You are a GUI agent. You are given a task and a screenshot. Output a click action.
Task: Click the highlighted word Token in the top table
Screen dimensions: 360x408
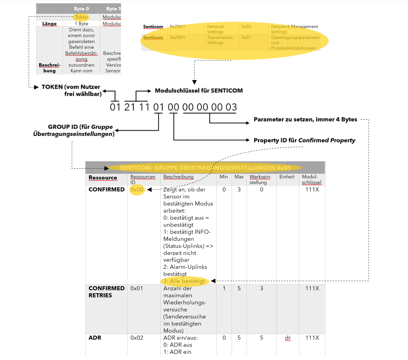coord(81,17)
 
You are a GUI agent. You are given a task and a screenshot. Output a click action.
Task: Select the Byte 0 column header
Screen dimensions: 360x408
coord(81,9)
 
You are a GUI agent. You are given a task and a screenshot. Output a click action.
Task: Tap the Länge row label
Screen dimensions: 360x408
coord(49,24)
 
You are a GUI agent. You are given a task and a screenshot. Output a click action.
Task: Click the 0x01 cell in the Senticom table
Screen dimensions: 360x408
coord(246,37)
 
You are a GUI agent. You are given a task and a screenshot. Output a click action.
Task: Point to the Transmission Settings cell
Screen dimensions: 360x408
coord(220,40)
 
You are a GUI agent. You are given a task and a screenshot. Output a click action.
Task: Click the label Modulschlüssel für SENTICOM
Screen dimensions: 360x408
coord(199,91)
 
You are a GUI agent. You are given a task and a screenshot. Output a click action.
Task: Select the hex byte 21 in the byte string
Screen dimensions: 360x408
coord(130,107)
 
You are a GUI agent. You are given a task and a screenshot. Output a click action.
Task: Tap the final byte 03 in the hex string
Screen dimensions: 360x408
coord(231,107)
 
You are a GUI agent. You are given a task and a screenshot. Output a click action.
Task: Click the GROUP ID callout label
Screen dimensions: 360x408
coord(74,130)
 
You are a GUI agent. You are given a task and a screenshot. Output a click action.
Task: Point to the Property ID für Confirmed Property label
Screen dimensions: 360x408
coord(304,140)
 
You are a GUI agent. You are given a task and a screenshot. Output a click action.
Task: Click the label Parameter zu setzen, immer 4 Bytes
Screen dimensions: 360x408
coord(305,119)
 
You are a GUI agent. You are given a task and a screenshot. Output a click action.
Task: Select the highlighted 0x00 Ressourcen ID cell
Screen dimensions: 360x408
coord(137,190)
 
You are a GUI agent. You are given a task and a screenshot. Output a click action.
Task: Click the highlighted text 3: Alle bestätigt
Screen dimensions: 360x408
coord(184,281)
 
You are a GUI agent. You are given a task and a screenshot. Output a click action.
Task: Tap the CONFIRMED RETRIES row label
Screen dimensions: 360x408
coord(106,292)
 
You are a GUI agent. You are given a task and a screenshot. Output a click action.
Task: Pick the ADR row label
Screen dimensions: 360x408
coord(95,338)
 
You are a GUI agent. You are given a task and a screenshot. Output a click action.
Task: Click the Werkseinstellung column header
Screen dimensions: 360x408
coord(260,179)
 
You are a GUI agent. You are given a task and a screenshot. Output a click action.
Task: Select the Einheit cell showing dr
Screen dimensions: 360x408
coord(288,338)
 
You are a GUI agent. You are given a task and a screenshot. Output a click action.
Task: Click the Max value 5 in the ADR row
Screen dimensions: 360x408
coord(239,338)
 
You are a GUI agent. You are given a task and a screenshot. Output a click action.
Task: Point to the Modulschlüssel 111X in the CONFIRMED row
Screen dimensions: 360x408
coord(312,190)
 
